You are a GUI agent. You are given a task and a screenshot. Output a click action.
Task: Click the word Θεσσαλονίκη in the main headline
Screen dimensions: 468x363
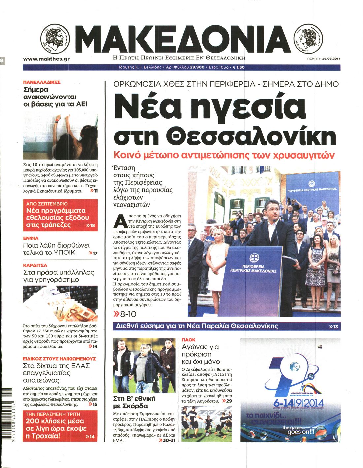tap(251, 136)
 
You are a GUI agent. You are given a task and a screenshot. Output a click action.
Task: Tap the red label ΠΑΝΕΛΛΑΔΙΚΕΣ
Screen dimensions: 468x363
tap(42, 82)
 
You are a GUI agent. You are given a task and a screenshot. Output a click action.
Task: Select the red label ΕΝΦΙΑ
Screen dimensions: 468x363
tap(31, 238)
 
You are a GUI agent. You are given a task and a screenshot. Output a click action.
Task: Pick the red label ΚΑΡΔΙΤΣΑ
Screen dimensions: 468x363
tap(35, 265)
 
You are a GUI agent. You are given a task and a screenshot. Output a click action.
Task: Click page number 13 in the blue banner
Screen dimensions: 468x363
tap(334, 327)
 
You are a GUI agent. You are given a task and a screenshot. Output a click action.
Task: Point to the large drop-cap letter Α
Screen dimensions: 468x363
tap(120, 222)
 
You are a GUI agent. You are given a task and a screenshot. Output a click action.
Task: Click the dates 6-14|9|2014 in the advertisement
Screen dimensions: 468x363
tap(299, 403)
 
